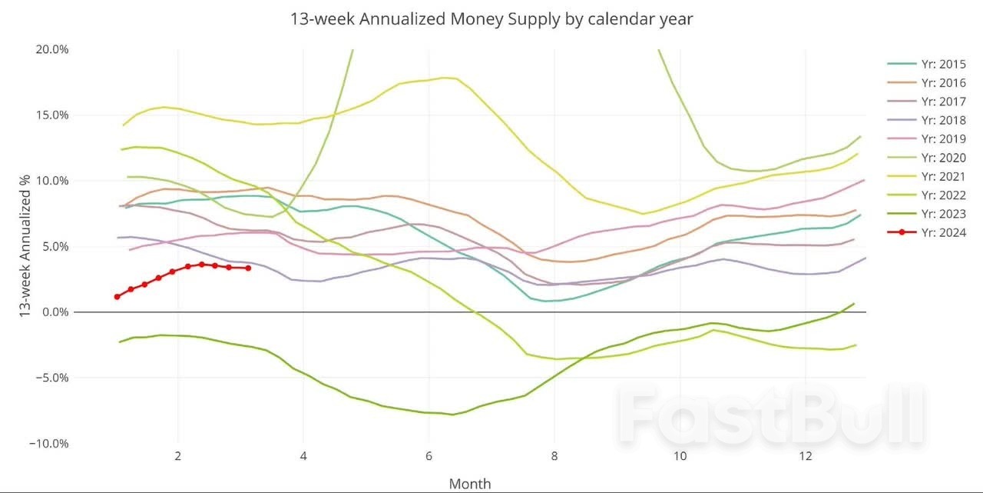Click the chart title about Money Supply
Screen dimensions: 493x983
pos(491,18)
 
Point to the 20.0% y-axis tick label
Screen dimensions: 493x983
pos(53,49)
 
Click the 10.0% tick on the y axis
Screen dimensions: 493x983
pos(53,181)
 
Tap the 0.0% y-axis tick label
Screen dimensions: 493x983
pos(56,312)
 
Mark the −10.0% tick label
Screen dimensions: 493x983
pos(50,444)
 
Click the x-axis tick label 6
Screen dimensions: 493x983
pos(429,456)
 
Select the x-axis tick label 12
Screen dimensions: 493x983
pos(805,456)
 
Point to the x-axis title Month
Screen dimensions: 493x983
pos(469,484)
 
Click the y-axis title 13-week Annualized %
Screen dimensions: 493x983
pos(26,246)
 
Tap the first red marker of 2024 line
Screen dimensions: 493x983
pos(117,296)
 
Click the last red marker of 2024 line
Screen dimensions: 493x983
pos(247,268)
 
